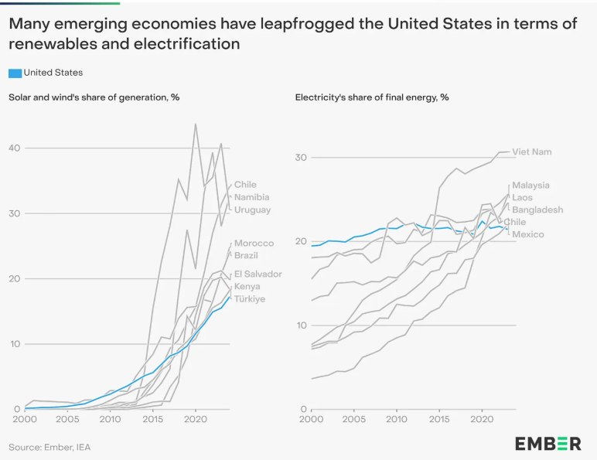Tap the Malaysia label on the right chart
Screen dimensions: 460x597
point(530,185)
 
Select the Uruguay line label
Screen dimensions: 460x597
point(252,210)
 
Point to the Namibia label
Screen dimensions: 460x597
point(252,197)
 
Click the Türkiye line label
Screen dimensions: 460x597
point(250,298)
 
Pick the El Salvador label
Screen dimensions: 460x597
point(258,274)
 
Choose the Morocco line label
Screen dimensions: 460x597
point(254,243)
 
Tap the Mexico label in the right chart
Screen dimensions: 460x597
point(528,234)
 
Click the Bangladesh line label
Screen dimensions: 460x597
point(537,210)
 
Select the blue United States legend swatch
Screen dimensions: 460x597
point(15,73)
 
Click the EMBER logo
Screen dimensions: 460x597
point(548,443)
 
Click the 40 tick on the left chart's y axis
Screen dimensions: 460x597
point(14,147)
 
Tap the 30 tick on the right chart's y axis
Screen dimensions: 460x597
point(302,157)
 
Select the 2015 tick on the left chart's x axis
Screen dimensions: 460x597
point(153,418)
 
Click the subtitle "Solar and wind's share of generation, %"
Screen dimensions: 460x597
point(94,97)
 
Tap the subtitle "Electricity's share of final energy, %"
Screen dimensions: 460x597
point(372,97)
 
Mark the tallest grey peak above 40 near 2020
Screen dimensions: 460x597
point(195,124)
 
